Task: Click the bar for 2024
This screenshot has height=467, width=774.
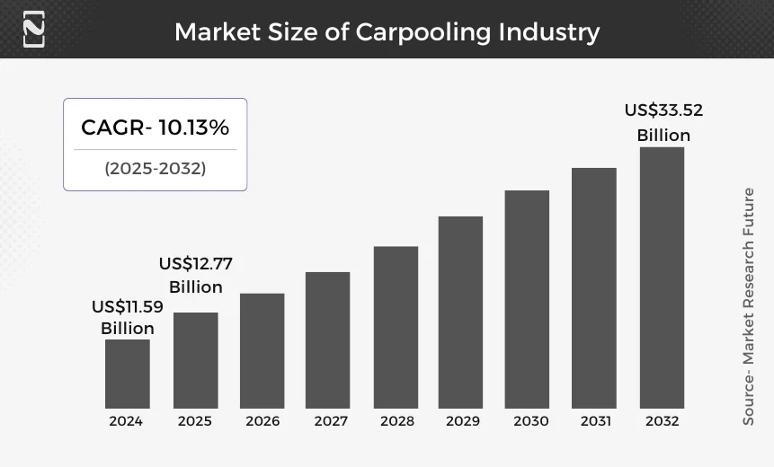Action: pyautogui.click(x=127, y=374)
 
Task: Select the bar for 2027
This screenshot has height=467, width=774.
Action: pyautogui.click(x=327, y=339)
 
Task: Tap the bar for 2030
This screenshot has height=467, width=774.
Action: pyautogui.click(x=527, y=299)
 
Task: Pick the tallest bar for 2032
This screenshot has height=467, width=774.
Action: pyautogui.click(x=662, y=278)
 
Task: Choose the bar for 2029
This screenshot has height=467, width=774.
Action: pyautogui.click(x=460, y=313)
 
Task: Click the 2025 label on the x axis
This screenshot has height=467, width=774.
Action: pyautogui.click(x=194, y=420)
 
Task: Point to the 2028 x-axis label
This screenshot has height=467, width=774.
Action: pyautogui.click(x=397, y=420)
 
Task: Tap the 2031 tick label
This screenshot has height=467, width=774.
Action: pyautogui.click(x=595, y=420)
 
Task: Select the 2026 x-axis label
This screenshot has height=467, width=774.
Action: pyautogui.click(x=262, y=420)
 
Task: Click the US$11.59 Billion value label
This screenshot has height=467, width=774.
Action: pyautogui.click(x=128, y=318)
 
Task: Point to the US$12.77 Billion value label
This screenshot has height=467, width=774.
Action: pyautogui.click(x=195, y=276)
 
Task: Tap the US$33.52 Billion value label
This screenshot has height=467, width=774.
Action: pyautogui.click(x=663, y=123)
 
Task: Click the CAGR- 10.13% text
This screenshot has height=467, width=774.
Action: pyautogui.click(x=155, y=128)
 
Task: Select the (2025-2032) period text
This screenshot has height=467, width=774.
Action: pyautogui.click(x=155, y=168)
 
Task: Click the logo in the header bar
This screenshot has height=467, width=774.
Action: pyautogui.click(x=33, y=29)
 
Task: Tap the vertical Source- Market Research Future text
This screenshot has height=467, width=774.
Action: pyautogui.click(x=748, y=305)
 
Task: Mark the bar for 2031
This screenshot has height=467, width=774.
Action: pyautogui.click(x=594, y=288)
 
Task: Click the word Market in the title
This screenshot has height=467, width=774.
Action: pyautogui.click(x=217, y=32)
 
